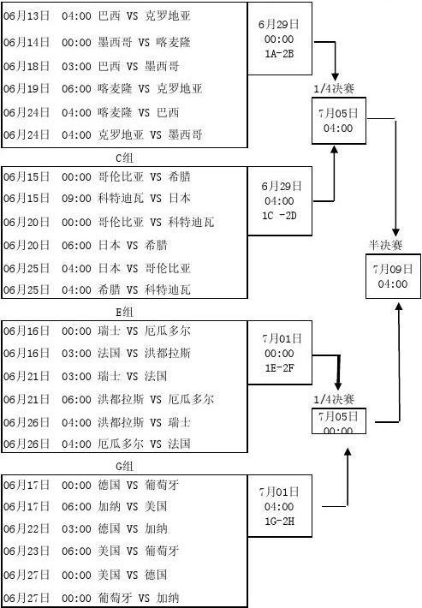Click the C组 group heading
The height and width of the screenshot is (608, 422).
124,158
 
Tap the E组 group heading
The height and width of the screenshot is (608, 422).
124,312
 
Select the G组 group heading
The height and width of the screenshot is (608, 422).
124,466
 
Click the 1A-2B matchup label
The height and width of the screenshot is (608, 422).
279,54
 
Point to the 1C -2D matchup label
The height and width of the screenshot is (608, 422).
279,216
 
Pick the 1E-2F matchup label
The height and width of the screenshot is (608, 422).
279,367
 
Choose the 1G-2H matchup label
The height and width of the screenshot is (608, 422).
279,522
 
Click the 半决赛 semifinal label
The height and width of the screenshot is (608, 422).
385,245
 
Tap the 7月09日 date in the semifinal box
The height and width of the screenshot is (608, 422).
393,269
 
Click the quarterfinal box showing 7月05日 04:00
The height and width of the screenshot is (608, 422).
339,121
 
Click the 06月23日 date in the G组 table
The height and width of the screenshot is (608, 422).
27,551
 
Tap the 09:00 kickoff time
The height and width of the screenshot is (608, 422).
76,199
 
